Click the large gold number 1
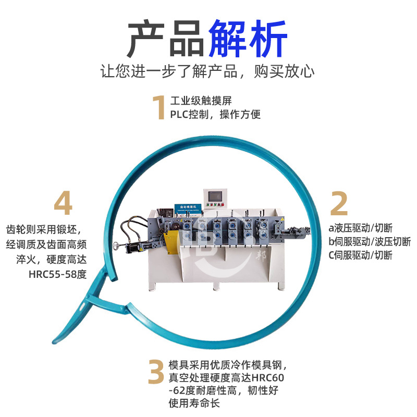click(x=158, y=108)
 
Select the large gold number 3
click(x=157, y=371)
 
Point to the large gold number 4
click(x=63, y=203)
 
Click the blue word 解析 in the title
click(x=248, y=40)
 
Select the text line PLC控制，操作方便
click(x=215, y=114)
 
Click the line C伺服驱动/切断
click(x=360, y=255)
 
